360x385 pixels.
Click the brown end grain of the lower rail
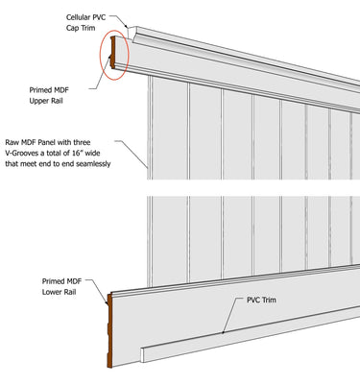coord(109,331)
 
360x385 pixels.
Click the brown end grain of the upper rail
coord(114,53)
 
